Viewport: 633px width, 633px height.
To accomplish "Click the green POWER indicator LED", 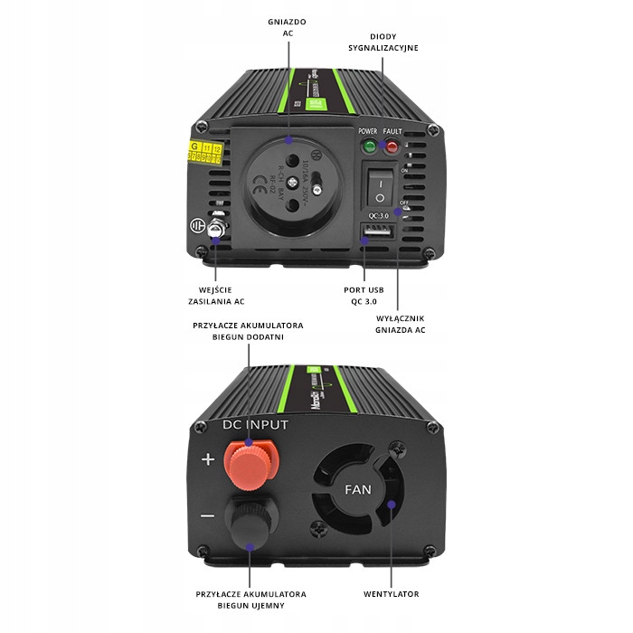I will (x=368, y=146).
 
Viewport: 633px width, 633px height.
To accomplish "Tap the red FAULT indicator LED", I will (x=392, y=146).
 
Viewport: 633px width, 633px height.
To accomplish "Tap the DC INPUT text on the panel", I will (x=255, y=425).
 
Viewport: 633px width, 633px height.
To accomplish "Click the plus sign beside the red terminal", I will (x=208, y=459).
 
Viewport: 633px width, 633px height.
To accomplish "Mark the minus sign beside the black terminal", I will (x=207, y=516).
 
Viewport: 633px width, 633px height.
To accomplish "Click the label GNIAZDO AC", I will (x=288, y=26).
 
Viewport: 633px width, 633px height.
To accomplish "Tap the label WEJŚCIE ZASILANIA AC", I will (x=215, y=295).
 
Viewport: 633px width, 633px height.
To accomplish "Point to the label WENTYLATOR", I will (x=392, y=594).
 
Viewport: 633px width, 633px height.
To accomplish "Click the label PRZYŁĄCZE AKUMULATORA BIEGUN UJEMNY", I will (x=249, y=600).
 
